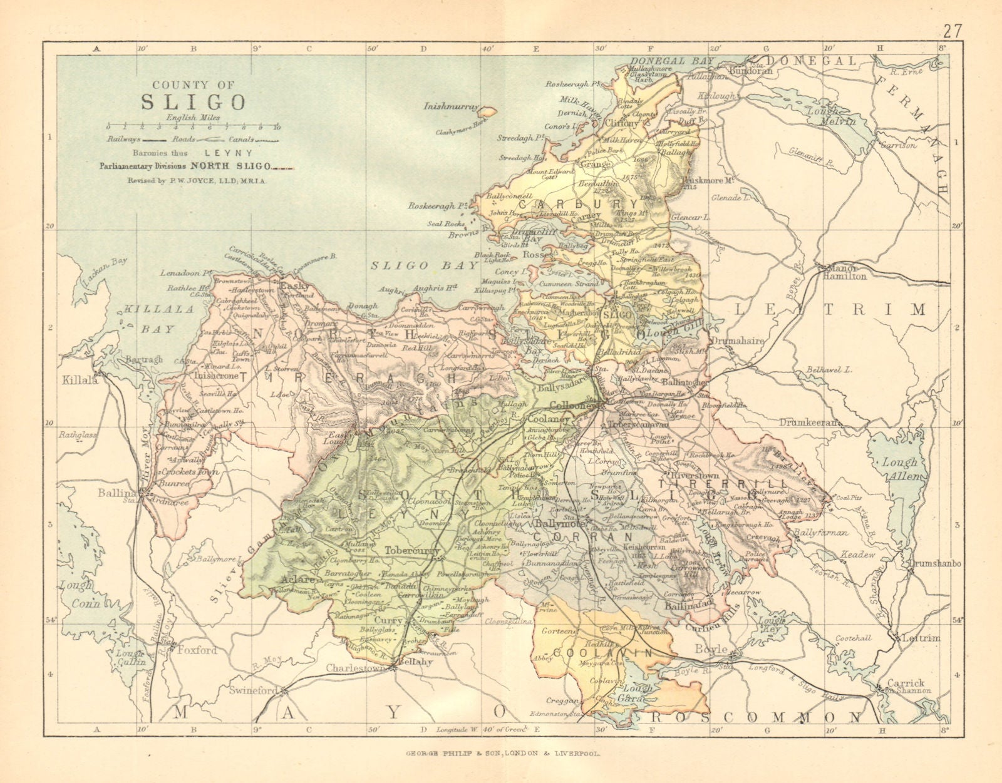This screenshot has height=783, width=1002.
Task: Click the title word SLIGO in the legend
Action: click(x=193, y=101)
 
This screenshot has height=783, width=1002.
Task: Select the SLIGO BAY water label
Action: click(x=424, y=265)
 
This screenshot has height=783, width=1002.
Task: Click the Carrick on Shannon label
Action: click(x=907, y=686)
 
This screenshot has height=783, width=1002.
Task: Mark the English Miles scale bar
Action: click(x=193, y=127)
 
